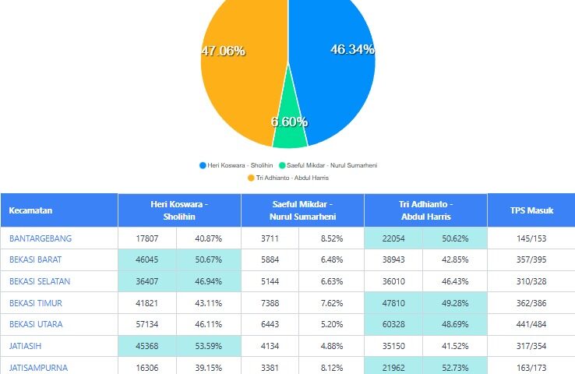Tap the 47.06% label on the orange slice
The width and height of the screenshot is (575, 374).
[224, 51]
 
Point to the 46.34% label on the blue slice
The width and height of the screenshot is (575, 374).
[352, 49]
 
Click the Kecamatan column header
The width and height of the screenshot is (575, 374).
[30, 210]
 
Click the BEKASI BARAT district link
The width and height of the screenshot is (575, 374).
[35, 259]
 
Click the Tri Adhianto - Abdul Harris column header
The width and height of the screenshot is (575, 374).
[425, 210]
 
